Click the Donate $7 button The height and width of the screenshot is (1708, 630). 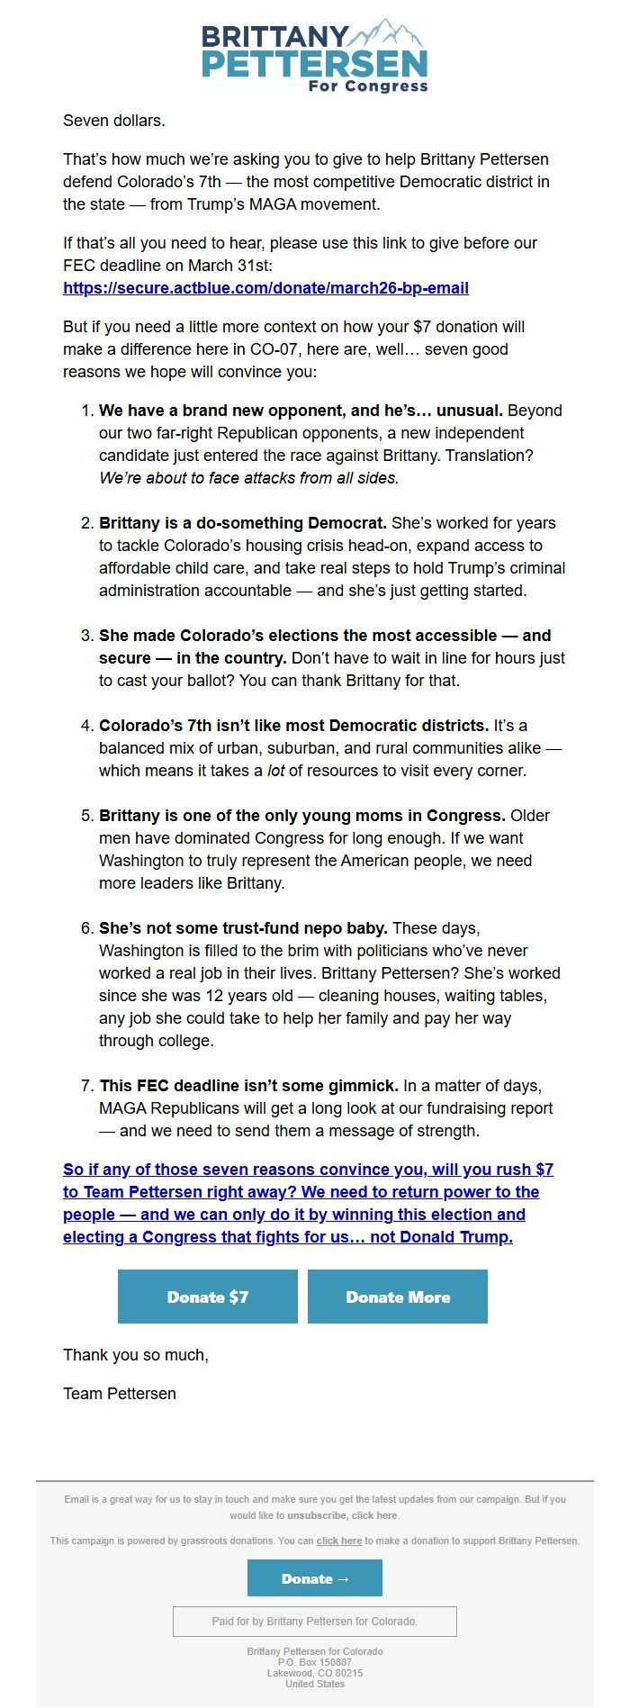(208, 1297)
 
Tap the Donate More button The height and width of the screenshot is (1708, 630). (398, 1297)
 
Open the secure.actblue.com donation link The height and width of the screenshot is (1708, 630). (265, 288)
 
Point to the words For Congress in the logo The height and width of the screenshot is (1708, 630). (368, 86)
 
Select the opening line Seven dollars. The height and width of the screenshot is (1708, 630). (114, 121)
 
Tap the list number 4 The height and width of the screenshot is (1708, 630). (86, 726)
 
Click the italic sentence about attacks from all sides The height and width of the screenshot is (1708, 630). (248, 478)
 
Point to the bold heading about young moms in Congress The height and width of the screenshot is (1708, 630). (302, 816)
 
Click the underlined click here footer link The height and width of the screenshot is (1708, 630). (339, 1541)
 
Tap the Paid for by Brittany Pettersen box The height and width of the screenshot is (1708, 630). (315, 1622)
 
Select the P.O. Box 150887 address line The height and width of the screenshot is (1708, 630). (315, 1662)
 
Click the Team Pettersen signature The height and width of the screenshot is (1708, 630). (120, 1394)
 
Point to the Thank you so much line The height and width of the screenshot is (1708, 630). (136, 1355)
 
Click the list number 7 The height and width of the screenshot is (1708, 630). (86, 1086)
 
